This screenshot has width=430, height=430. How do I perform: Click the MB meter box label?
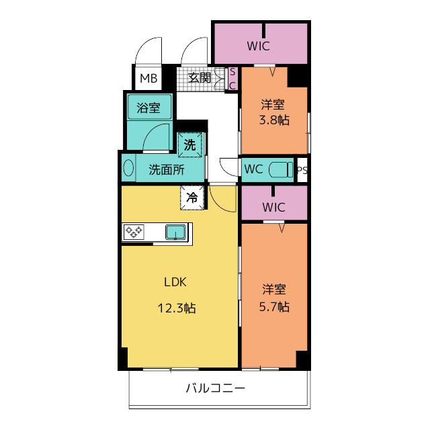(x=148, y=79)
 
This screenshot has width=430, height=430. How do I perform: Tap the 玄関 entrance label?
(x=200, y=78)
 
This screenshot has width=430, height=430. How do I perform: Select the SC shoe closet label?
(x=232, y=79)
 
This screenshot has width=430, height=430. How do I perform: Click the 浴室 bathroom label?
(x=148, y=107)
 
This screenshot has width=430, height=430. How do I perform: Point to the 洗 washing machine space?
(x=189, y=145)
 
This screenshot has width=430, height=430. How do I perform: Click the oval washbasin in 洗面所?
(x=128, y=168)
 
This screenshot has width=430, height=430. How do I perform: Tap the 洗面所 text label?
(x=167, y=170)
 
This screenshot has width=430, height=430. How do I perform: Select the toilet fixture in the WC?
(x=281, y=170)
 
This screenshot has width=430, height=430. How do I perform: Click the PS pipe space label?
(x=302, y=170)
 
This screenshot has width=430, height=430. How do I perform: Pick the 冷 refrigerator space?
(x=192, y=198)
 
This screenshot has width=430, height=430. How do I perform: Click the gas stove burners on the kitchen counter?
(x=134, y=232)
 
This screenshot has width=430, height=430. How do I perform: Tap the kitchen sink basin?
(x=175, y=232)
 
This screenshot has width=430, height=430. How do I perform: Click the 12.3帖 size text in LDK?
(x=177, y=308)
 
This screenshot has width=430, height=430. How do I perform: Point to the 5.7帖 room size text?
(x=274, y=306)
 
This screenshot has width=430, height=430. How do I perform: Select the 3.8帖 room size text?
(x=274, y=120)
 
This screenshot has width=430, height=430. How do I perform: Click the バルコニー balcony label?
(x=215, y=388)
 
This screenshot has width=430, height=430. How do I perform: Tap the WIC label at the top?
(x=258, y=46)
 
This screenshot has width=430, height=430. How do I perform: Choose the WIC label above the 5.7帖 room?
(x=273, y=207)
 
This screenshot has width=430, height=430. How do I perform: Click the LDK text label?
(x=175, y=282)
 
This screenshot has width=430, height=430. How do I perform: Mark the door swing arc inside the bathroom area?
(x=151, y=132)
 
